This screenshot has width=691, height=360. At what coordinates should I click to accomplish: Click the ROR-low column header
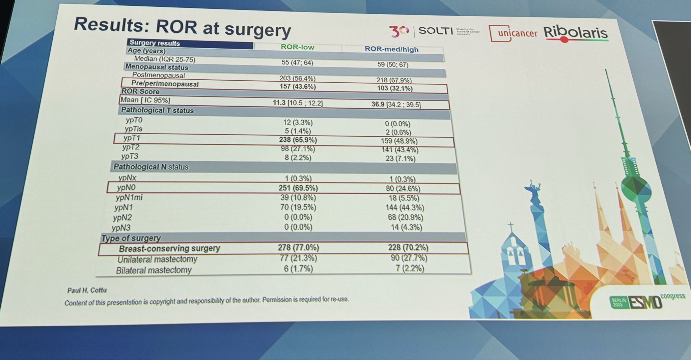pos(297,47)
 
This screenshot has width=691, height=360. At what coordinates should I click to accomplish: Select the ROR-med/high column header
pos(391,49)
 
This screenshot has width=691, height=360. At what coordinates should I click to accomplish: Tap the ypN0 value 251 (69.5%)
pos(298,188)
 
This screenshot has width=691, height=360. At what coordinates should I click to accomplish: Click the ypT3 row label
pos(130,157)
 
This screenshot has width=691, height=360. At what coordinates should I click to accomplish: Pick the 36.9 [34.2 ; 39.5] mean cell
pos(396,105)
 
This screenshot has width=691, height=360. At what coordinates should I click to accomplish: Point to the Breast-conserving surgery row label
pos(169,249)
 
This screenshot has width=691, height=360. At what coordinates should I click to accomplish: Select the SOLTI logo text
pos(435,31)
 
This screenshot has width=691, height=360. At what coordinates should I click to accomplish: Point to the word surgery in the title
pos(257,30)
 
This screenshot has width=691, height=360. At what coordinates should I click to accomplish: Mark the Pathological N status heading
pos(151,167)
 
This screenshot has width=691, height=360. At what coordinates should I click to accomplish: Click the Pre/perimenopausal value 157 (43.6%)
pos(298,87)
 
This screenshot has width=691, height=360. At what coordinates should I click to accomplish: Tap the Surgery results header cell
pos(155,43)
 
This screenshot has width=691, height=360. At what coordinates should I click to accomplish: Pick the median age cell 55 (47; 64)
pos(297,63)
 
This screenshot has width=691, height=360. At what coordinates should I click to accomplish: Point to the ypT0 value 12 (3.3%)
pos(298,122)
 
